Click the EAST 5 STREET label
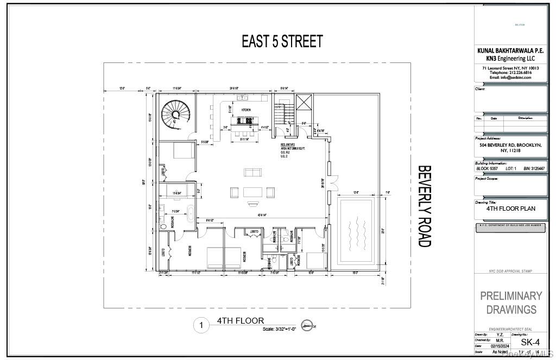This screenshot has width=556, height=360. pyautogui.click(x=282, y=42)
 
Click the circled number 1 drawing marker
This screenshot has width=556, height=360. pyautogui.click(x=201, y=326)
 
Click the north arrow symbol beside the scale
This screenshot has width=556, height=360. pyautogui.click(x=308, y=326)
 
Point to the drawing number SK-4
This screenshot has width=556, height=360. pyautogui.click(x=530, y=342)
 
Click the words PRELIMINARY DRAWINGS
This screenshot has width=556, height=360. pyautogui.click(x=511, y=302)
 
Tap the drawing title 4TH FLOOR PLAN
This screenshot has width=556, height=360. pyautogui.click(x=510, y=208)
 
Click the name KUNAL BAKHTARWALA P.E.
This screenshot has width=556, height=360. pyautogui.click(x=510, y=50)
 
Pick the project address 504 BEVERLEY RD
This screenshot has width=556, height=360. pyautogui.click(x=510, y=146)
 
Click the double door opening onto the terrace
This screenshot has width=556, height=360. pyautogui.click(x=333, y=181)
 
